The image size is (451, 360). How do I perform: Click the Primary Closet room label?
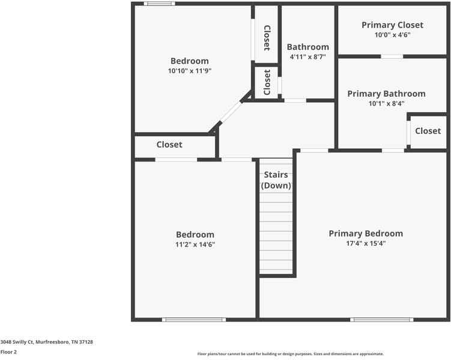coord(392,25)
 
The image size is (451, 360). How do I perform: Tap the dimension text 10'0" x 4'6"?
coord(392,35)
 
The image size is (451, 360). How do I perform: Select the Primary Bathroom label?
coord(386,94)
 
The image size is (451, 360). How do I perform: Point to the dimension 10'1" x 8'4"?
coord(386,103)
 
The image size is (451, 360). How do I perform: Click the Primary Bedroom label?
coord(366,233)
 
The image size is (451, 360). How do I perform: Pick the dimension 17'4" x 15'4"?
coord(366,243)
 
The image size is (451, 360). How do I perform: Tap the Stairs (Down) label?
coord(276,180)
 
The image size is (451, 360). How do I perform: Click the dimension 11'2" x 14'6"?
coord(195,244)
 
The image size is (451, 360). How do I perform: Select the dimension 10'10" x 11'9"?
coord(190,70)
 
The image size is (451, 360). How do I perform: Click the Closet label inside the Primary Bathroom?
coord(428,131)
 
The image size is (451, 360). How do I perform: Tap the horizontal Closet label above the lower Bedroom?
coord(169,145)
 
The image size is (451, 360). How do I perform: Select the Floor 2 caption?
coord(8,352)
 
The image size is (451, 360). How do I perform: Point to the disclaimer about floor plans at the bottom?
coord(291,354)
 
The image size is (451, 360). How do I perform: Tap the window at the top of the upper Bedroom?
coord(160,4)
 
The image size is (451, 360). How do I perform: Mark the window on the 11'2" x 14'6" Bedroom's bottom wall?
coord(186,319)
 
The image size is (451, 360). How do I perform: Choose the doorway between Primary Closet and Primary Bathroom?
coord(392,56)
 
